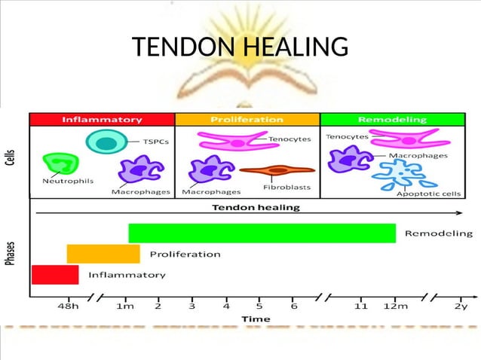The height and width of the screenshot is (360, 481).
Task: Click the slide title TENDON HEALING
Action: pyautogui.click(x=240, y=48)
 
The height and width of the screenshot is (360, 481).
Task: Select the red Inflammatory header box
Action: pyautogui.click(x=102, y=119)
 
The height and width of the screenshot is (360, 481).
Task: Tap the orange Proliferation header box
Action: pyautogui.click(x=247, y=119)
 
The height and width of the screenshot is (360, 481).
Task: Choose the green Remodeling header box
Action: pyautogui.click(x=392, y=119)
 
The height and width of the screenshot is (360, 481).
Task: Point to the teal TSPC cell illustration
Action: pyautogui.click(x=106, y=143)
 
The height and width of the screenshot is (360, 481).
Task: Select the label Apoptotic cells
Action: pyautogui.click(x=428, y=193)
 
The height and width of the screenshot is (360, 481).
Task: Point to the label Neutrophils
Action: pyautogui.click(x=57, y=182)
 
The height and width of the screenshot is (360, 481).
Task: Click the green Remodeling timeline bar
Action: pyautogui.click(x=262, y=233)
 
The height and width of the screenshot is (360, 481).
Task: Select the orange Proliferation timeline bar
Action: pyautogui.click(x=103, y=254)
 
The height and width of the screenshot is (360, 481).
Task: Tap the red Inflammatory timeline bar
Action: pyautogui.click(x=54, y=275)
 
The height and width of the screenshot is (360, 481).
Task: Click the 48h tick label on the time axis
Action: pyautogui.click(x=69, y=306)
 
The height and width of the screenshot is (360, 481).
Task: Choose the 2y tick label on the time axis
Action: pyautogui.click(x=461, y=306)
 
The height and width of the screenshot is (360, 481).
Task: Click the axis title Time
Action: pyautogui.click(x=256, y=319)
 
